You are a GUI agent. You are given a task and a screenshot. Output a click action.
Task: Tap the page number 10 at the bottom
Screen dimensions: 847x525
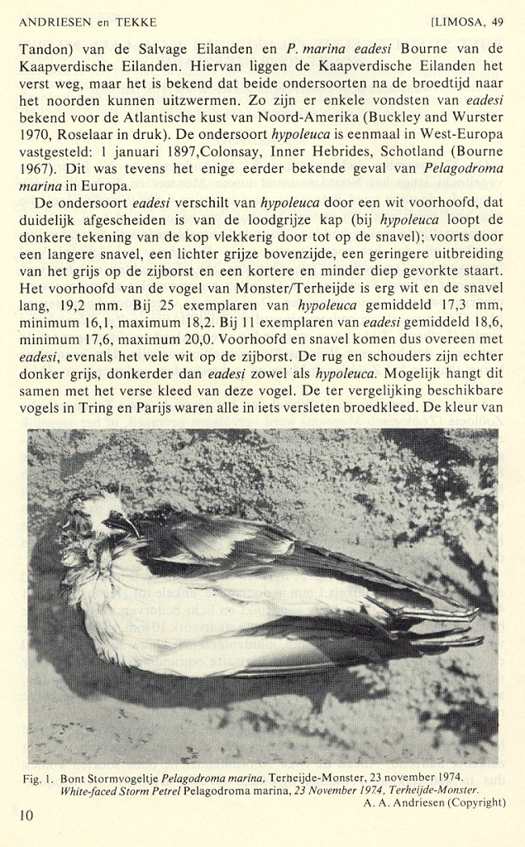(27, 815)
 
